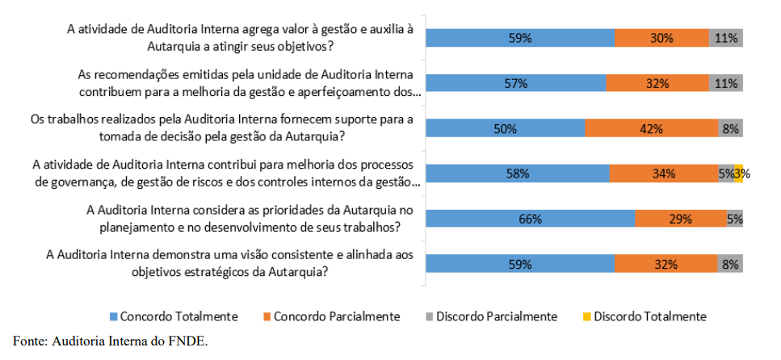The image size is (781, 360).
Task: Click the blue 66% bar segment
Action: point(531,219)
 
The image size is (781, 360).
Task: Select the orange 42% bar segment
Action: point(651,128)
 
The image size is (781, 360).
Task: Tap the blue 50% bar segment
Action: point(506,128)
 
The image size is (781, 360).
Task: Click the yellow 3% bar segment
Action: point(739,173)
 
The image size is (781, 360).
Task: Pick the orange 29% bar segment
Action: point(680,219)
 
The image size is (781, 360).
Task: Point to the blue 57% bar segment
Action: point(516,83)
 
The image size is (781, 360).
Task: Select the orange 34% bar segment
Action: point(664,173)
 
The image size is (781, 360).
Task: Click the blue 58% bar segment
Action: point(518,173)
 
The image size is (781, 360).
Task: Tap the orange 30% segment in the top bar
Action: point(661,37)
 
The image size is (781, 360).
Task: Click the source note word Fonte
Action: point(28,341)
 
